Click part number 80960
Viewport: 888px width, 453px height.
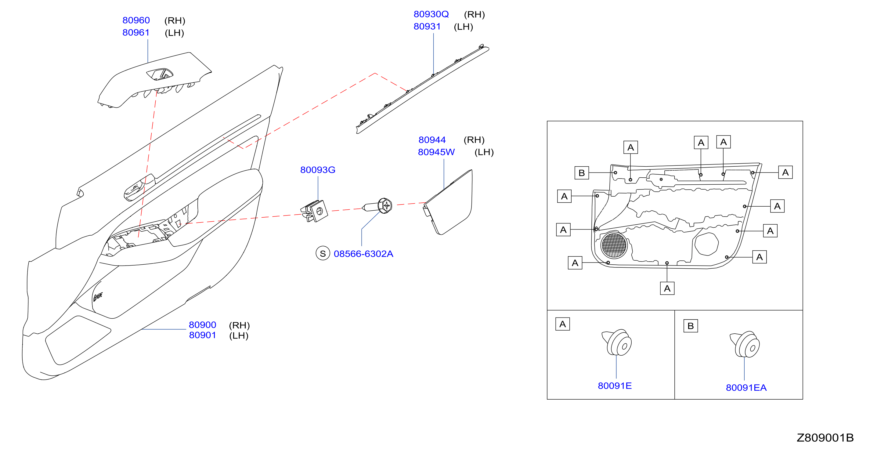click(136, 20)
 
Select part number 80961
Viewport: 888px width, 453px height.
click(136, 33)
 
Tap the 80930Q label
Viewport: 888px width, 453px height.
click(431, 14)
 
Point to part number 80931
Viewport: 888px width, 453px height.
click(427, 27)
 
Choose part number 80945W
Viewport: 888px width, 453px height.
click(436, 152)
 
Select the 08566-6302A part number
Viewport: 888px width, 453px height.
click(363, 254)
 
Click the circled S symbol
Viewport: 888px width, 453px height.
click(323, 253)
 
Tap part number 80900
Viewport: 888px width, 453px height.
click(202, 325)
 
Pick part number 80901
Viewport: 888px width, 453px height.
click(202, 335)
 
